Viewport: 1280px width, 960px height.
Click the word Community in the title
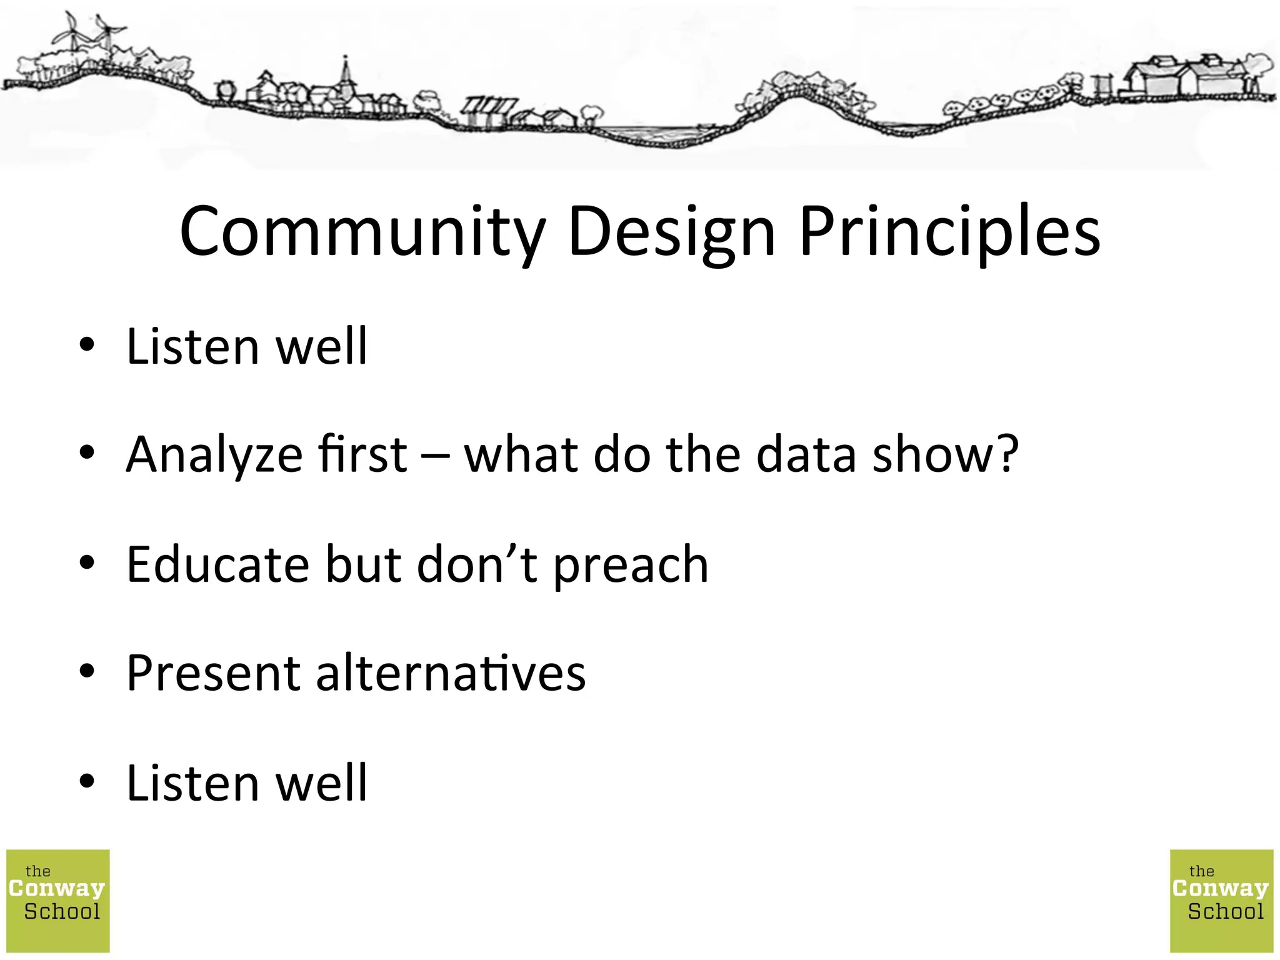[362, 231]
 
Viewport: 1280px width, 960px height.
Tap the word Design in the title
[672, 231]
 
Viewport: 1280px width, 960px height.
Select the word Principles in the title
[950, 231]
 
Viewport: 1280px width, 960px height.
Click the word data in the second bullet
[806, 455]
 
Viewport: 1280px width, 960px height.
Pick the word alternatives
[451, 673]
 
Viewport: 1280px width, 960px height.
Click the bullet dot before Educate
[87, 562]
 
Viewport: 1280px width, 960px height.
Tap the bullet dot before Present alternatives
[87, 671]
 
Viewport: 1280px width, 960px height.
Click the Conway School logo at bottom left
[58, 901]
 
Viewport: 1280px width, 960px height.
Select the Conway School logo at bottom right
[1221, 901]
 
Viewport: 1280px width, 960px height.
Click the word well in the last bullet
[322, 782]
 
